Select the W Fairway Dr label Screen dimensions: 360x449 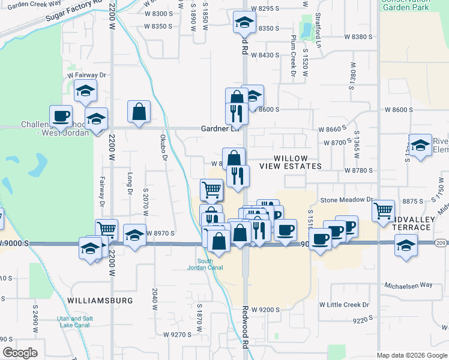tap(86, 75)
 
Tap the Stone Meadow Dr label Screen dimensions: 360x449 tap(346, 200)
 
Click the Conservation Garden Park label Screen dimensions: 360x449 tap(414, 5)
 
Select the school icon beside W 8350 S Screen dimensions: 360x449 tap(244, 22)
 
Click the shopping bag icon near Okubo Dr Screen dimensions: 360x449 tap(139, 111)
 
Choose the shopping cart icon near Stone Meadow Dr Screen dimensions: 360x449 tap(383, 211)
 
